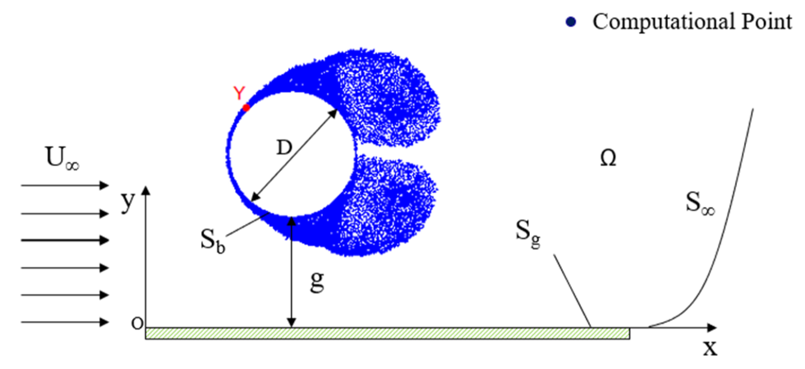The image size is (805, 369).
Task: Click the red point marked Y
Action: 246,108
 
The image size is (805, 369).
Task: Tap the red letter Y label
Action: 239,94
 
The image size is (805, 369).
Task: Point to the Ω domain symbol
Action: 608,158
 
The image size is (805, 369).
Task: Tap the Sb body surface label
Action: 213,243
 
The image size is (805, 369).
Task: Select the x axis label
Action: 710,348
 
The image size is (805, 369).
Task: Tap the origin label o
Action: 137,323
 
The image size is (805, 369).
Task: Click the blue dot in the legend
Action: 570,22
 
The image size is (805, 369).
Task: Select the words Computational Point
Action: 692,22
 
